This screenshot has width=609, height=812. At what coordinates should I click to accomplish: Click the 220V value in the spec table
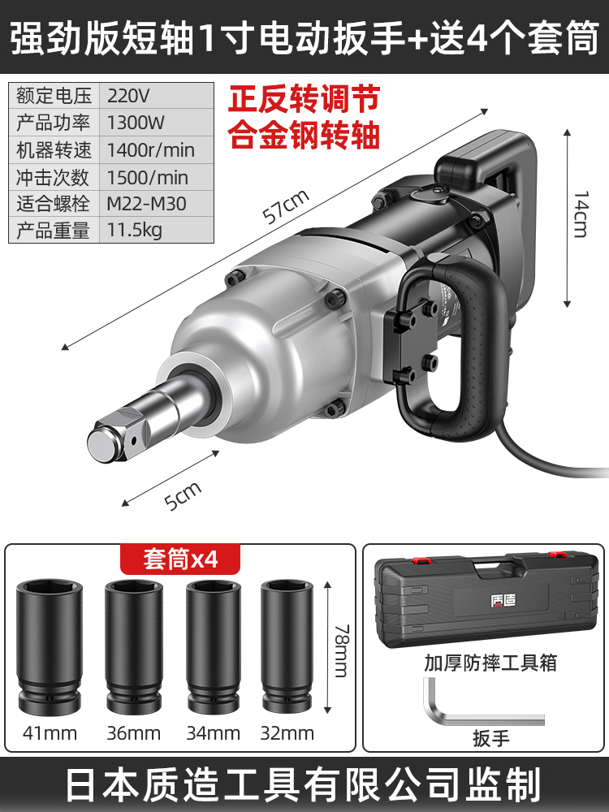pos(128,96)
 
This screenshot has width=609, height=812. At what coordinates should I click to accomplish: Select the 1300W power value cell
pos(136,123)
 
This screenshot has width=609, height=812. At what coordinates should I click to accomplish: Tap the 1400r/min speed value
pos(151,150)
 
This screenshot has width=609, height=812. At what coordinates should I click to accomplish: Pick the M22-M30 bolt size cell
pos(146,204)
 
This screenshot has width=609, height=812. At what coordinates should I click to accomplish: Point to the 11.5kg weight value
pos(135,230)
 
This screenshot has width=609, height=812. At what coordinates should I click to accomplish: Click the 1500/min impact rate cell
pos(148,177)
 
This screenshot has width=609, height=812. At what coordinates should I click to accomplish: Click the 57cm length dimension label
pos(286,206)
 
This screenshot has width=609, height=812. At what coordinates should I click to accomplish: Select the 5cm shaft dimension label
pos(183,495)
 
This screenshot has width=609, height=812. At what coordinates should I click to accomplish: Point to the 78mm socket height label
pos(342,650)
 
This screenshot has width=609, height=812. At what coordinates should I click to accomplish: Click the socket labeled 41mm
pos(50,647)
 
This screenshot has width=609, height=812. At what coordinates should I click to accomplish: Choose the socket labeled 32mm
pos(287,646)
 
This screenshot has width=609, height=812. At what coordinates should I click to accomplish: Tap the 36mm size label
pos(134,733)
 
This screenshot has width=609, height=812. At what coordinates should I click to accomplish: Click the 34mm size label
pos(214,733)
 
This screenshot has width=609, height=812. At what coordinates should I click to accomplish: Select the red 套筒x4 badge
pos(180,559)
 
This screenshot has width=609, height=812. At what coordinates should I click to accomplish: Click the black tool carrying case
pos(486,601)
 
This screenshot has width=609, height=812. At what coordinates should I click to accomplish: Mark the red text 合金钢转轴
pos(304,135)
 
